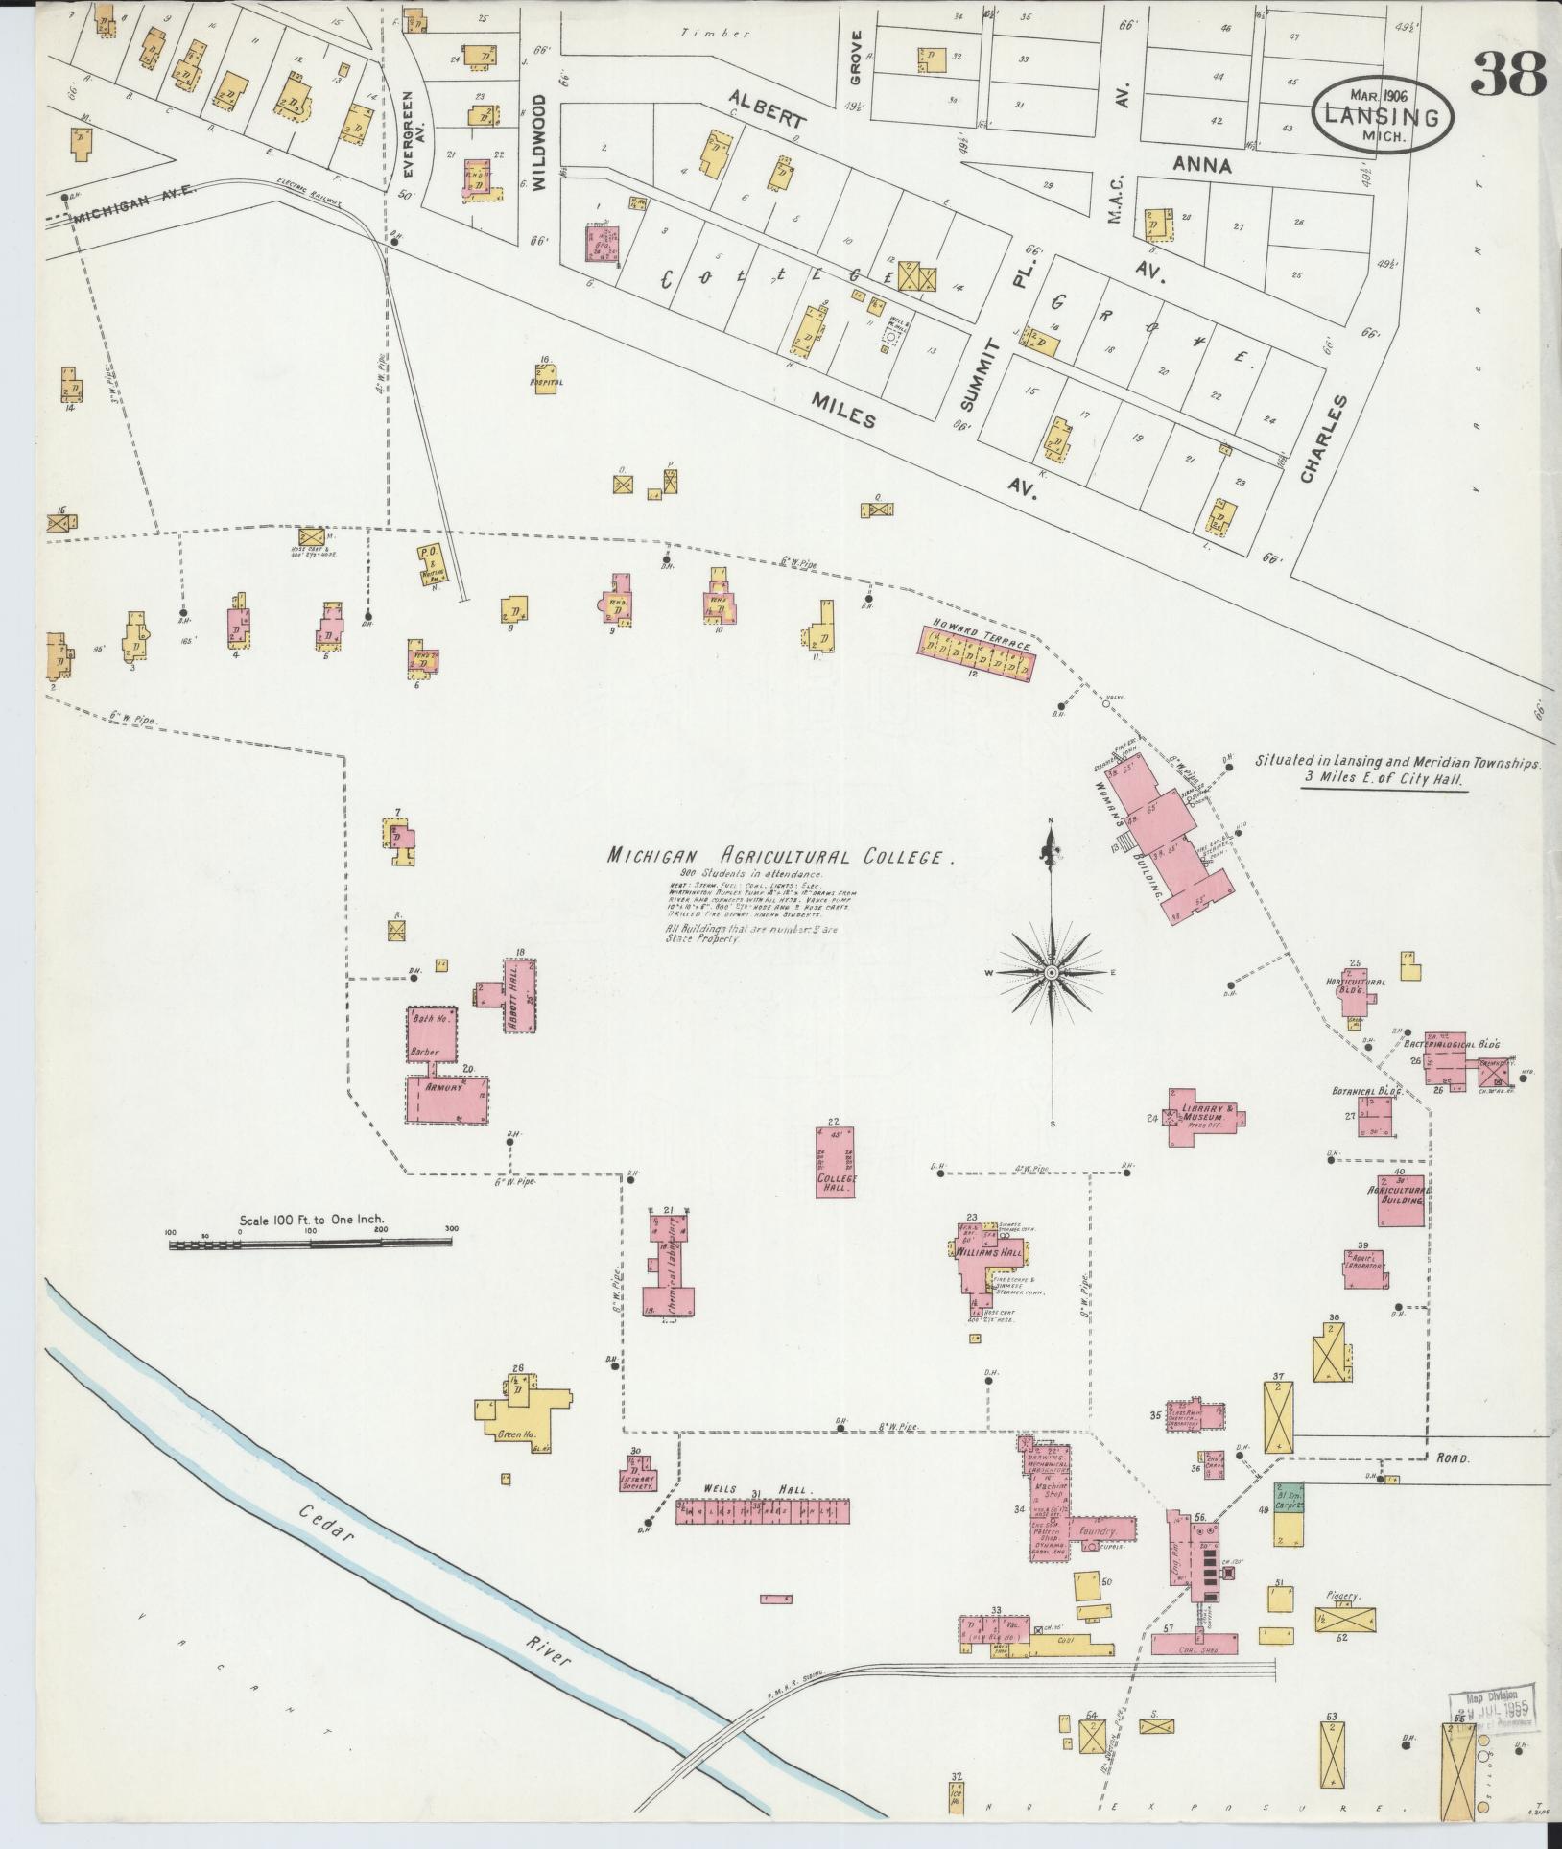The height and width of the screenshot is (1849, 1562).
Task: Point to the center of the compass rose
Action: [1052, 973]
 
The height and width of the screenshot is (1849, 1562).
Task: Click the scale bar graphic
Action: [311, 1245]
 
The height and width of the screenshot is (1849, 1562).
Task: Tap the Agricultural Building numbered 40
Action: [1400, 1200]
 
